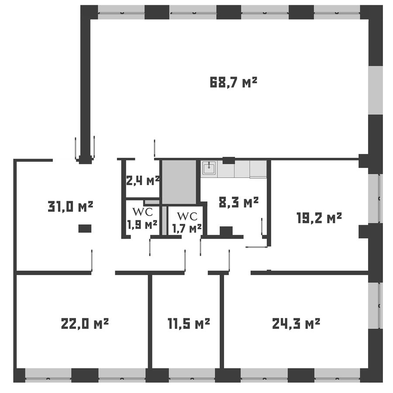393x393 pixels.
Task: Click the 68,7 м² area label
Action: point(234,83)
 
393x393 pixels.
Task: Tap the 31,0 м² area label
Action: point(70,207)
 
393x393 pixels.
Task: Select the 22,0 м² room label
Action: point(85,323)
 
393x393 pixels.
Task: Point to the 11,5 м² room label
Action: point(189,323)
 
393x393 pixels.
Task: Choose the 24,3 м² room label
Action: point(296,323)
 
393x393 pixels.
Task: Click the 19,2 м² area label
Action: point(319,218)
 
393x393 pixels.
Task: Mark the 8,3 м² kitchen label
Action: point(238,202)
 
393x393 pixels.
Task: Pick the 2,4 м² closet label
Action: point(143,181)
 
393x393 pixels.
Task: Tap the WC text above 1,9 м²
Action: point(142,212)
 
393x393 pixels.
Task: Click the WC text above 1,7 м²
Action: point(187,216)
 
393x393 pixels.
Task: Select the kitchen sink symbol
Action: point(209,167)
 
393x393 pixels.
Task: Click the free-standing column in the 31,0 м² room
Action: point(85,228)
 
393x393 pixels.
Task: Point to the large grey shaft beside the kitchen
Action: point(179,182)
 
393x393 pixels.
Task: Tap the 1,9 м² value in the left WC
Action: point(142,225)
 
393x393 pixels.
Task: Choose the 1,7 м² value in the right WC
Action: point(187,228)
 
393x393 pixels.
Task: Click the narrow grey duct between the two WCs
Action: point(164,221)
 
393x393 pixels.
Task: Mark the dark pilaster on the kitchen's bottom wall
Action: point(226,231)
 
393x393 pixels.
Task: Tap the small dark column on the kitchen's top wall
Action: point(228,160)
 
